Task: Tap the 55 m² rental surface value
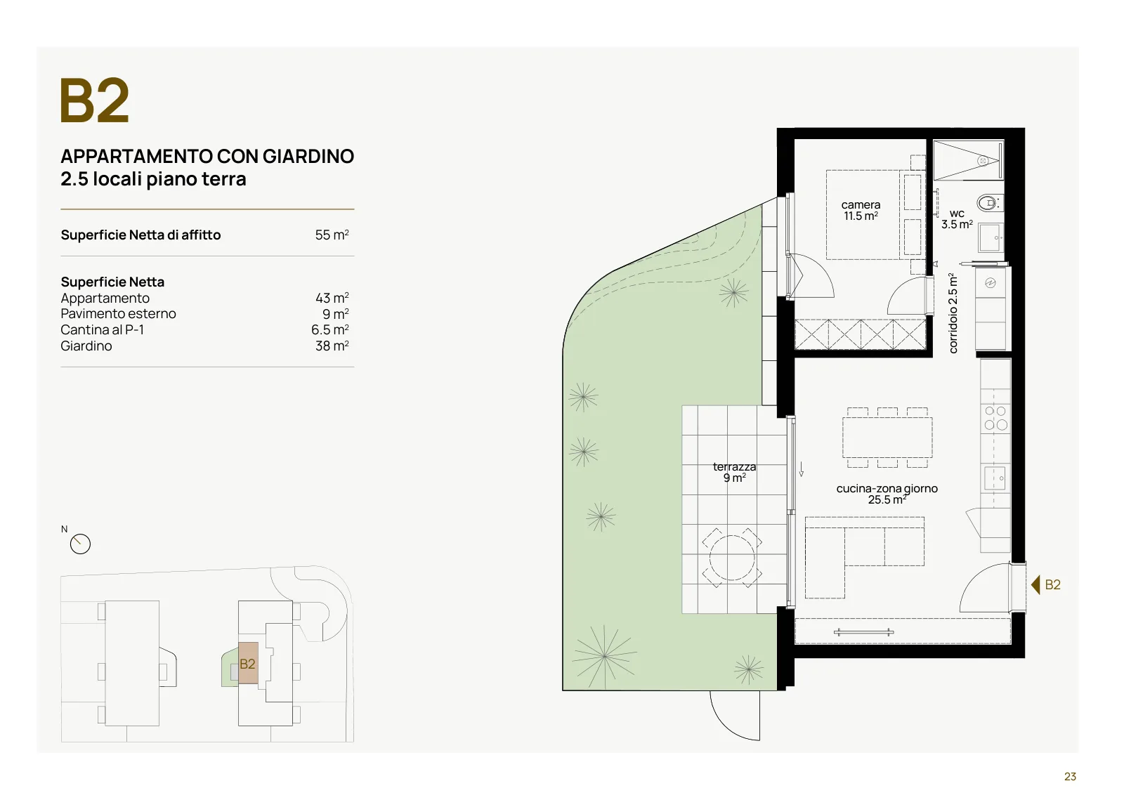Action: pyautogui.click(x=332, y=235)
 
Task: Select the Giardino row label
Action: pyautogui.click(x=86, y=346)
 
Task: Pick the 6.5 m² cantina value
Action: pyautogui.click(x=329, y=329)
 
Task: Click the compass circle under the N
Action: pyautogui.click(x=80, y=544)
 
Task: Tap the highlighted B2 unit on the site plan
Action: pyautogui.click(x=248, y=663)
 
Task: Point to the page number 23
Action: pyautogui.click(x=1070, y=776)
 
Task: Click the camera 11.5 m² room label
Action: pyautogui.click(x=861, y=210)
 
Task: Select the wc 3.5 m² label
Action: pyautogui.click(x=956, y=219)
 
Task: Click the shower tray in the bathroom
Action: pyautogui.click(x=968, y=160)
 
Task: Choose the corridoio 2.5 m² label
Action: pyautogui.click(x=953, y=313)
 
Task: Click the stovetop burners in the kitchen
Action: pyautogui.click(x=995, y=418)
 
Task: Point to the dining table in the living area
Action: pyautogui.click(x=887, y=438)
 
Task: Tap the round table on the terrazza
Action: pyautogui.click(x=732, y=558)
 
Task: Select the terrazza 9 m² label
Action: pyautogui.click(x=734, y=472)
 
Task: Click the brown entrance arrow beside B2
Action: pyautogui.click(x=1035, y=585)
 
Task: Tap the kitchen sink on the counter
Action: pyautogui.click(x=995, y=478)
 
